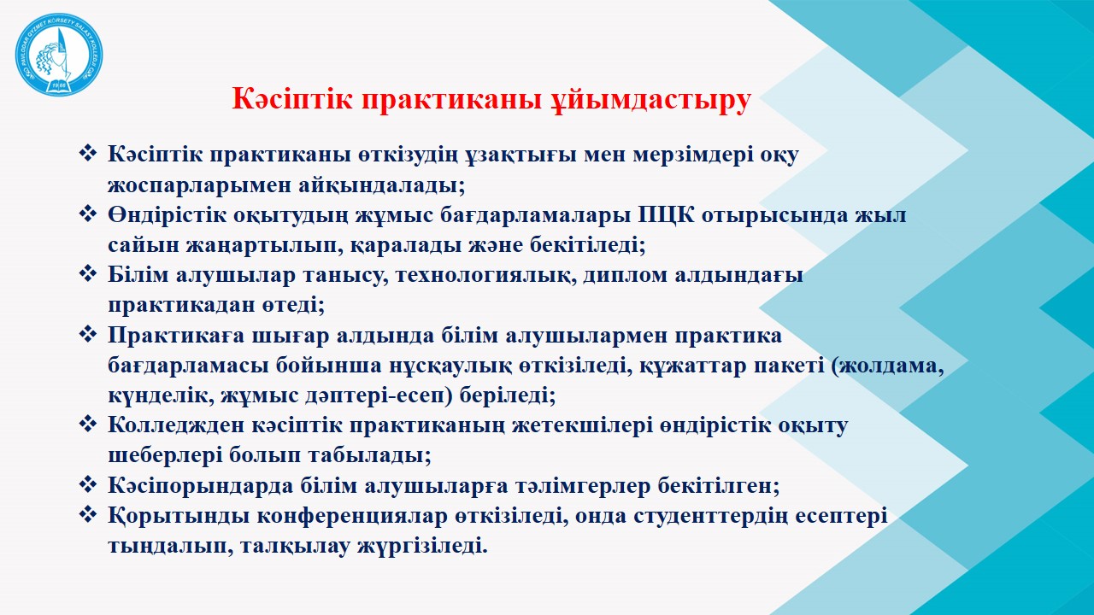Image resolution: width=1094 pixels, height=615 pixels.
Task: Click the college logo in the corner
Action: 59,54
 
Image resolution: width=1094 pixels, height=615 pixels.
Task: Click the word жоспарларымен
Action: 198,185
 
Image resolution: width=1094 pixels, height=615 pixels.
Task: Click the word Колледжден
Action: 176,425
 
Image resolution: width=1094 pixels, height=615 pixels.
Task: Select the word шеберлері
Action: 165,456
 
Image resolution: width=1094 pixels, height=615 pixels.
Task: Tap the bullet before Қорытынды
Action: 88,514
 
